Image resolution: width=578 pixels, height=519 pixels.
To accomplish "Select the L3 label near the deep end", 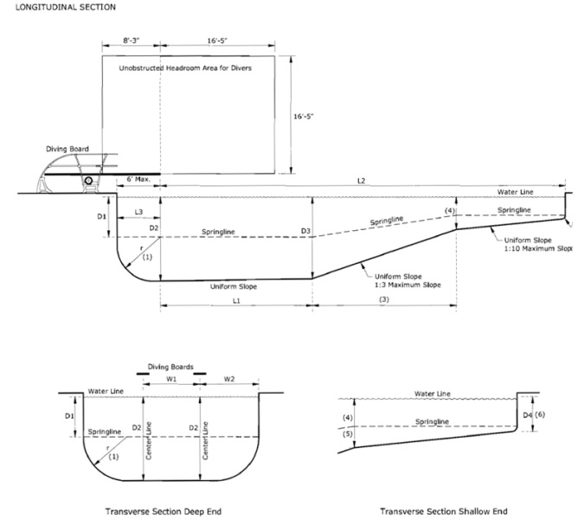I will pos(138,212).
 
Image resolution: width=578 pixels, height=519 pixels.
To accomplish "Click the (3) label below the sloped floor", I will pos(383,299).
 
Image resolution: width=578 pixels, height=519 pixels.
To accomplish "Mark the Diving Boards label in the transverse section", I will pos(169,365).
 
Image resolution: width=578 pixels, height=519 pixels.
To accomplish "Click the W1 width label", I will pos(171,378).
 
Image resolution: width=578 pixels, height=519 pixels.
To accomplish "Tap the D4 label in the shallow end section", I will pos(528,414).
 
